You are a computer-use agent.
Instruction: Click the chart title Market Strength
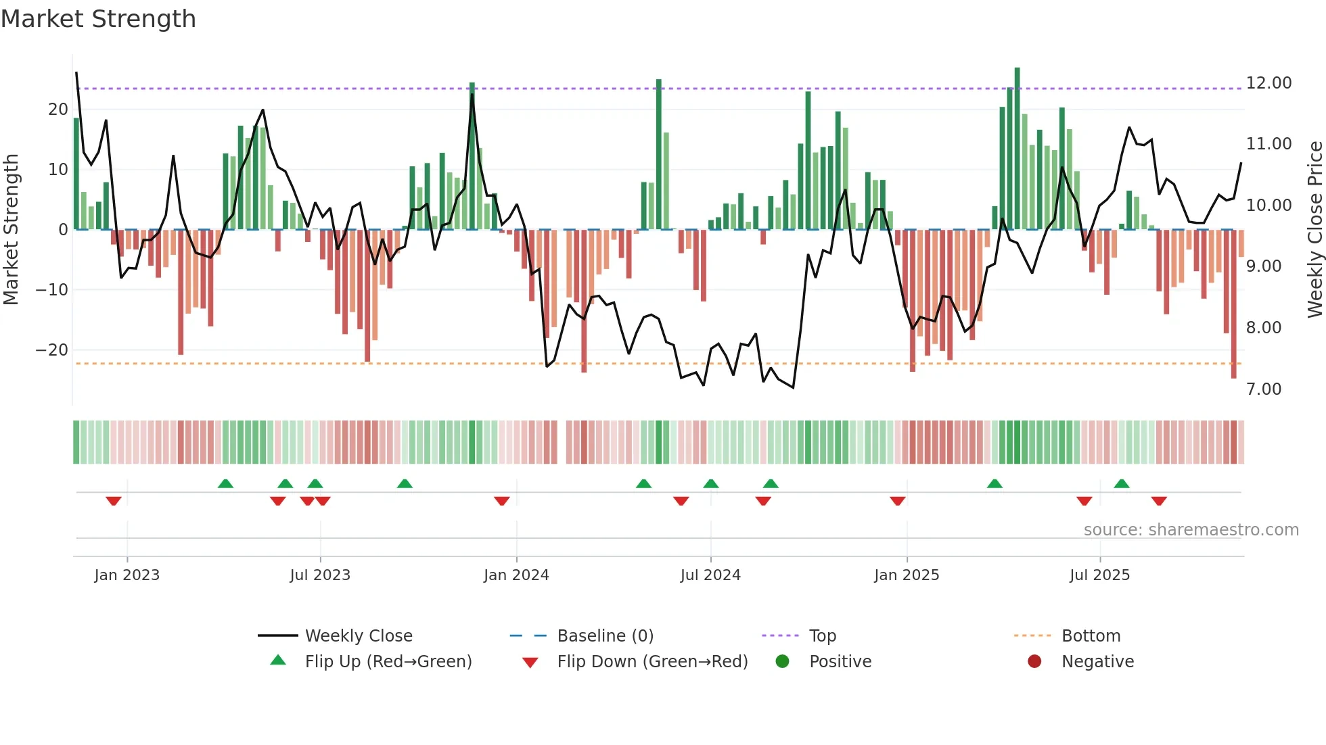[x=98, y=19]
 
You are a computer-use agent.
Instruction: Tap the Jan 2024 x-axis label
[x=516, y=575]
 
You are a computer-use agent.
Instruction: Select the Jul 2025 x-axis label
[x=1099, y=575]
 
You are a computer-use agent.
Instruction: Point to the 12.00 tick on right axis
[x=1268, y=83]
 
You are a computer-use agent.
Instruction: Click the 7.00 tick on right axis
[x=1264, y=389]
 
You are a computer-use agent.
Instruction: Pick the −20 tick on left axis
[x=51, y=350]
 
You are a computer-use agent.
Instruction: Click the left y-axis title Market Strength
[x=11, y=230]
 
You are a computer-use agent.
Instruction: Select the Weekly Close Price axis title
[x=1314, y=230]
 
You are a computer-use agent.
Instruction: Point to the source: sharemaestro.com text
[x=1191, y=530]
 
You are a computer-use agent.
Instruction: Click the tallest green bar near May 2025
[x=1017, y=149]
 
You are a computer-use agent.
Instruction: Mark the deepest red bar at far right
[x=1233, y=304]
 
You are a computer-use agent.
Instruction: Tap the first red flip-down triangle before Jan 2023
[x=114, y=501]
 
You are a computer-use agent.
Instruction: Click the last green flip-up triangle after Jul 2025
[x=1121, y=483]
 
